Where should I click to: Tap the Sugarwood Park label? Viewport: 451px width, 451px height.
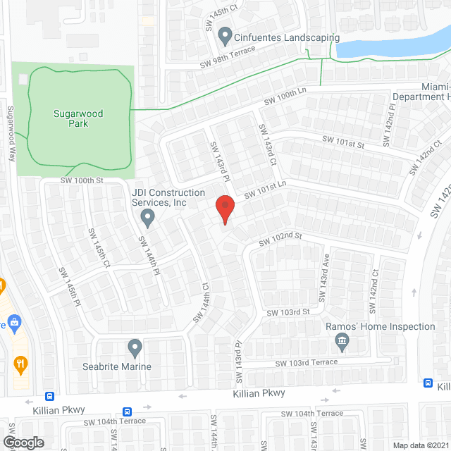point(70,118)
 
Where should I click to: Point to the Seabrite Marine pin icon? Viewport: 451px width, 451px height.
point(135,347)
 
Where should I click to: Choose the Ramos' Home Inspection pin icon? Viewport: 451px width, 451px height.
point(342,342)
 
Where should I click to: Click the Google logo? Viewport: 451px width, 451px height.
point(23,442)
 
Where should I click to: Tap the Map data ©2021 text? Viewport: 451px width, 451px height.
point(419,445)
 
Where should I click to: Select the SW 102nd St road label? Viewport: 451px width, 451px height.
point(280,239)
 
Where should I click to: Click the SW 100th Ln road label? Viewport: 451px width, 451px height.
point(285,100)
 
